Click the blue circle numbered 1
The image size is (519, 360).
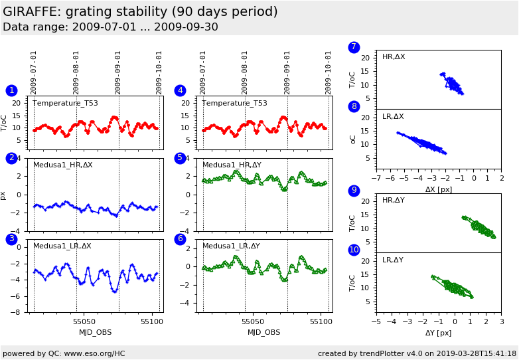[11, 91]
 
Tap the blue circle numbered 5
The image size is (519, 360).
[180, 158]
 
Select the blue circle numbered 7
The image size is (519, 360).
[354, 47]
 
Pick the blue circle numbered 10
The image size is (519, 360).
[354, 250]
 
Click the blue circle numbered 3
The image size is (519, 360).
[11, 239]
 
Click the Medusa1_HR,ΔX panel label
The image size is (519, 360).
[62, 165]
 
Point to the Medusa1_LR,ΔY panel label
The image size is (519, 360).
[232, 246]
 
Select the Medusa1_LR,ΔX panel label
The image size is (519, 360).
[62, 246]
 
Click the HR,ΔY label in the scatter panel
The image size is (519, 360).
[393, 201]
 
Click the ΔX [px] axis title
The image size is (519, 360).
[438, 189]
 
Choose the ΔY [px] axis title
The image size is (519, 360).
[438, 333]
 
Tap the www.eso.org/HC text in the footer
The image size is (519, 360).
[92, 353]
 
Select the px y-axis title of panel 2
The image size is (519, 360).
[3, 195]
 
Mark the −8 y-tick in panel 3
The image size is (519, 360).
[18, 312]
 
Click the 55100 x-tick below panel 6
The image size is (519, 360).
[321, 322]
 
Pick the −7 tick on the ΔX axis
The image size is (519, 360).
[376, 179]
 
